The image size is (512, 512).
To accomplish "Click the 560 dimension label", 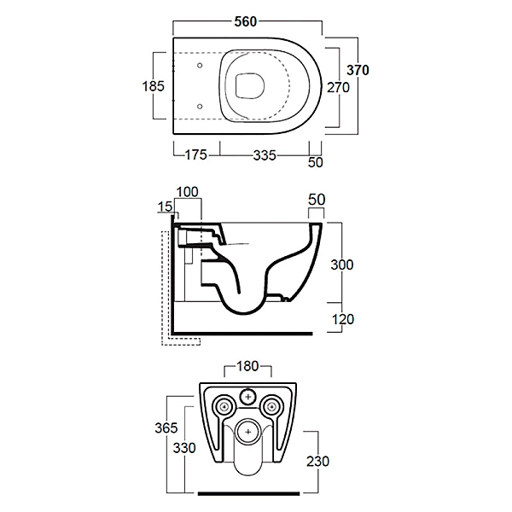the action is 246,22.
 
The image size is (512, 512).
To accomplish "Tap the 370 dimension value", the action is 358,70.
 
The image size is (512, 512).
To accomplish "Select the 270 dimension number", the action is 338,88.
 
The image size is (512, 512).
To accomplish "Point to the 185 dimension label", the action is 153,86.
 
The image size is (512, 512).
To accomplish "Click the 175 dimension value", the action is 196,154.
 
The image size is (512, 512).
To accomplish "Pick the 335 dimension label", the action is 265,155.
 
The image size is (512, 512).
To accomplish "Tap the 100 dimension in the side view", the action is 188,192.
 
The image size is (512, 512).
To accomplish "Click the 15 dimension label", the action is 165,207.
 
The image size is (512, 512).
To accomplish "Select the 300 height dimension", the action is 342,265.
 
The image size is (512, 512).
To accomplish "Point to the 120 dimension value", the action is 343,319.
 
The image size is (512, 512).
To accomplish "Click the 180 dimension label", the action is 247,366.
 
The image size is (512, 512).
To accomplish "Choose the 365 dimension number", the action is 166,428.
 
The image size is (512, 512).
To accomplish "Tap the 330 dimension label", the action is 184,448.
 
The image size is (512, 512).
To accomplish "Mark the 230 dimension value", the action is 317,462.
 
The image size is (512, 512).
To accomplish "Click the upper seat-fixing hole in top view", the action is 200,66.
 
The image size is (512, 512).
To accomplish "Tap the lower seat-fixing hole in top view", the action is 200,106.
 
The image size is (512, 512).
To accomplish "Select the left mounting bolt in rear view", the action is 224,406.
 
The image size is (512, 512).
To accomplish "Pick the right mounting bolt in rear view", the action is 271,406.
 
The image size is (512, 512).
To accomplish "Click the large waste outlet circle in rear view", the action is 248,432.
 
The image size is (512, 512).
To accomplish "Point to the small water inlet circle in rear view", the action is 248,397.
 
